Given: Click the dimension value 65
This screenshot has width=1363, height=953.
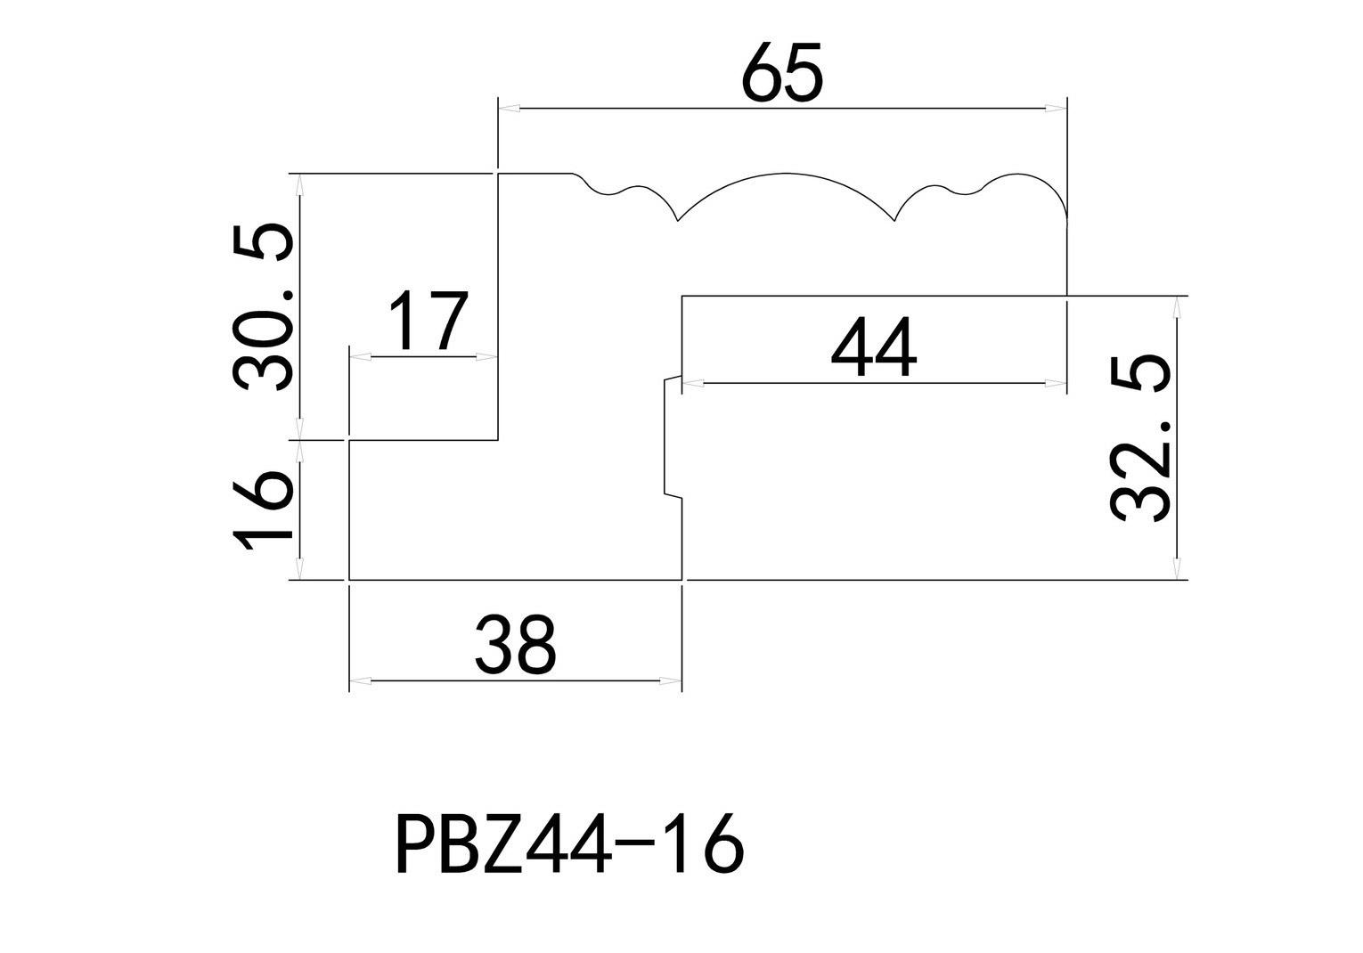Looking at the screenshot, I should [782, 72].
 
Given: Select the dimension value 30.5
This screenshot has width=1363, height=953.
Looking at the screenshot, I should [263, 307].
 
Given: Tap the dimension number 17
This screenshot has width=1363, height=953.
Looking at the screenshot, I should [428, 321].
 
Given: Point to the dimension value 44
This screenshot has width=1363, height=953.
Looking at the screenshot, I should [873, 348].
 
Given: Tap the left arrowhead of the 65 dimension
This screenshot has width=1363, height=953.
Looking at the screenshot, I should [509, 109].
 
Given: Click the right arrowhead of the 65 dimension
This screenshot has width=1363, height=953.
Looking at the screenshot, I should [1056, 109].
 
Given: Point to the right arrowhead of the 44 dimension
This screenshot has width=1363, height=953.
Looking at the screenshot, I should [1056, 384].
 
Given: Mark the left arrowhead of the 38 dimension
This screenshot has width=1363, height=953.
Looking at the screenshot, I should [360, 681].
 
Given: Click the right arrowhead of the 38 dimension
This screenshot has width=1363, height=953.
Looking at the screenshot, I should [670, 681].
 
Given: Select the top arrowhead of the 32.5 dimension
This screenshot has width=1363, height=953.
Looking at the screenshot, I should [1178, 307].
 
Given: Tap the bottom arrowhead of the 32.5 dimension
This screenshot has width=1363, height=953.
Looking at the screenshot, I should [1178, 568].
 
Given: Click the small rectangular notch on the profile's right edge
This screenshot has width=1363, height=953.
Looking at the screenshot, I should [672, 436].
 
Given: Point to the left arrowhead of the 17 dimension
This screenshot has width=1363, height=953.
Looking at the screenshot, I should [360, 357].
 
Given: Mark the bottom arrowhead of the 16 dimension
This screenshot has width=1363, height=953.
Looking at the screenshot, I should [300, 568].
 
